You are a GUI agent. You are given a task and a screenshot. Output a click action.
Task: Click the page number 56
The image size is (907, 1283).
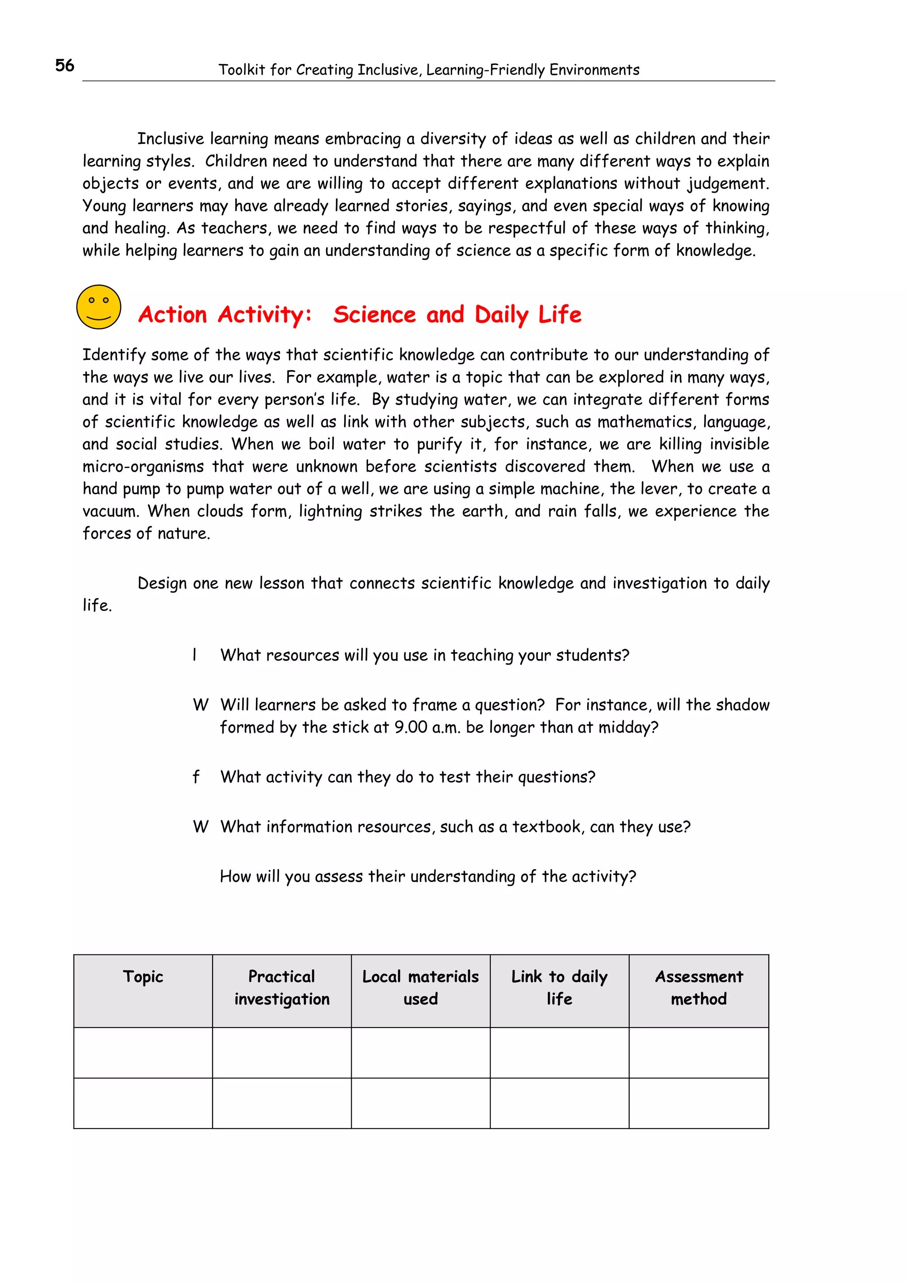64,66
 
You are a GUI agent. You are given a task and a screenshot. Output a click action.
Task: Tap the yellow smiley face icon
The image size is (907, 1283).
99,307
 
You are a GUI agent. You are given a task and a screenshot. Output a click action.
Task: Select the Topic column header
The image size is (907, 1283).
143,976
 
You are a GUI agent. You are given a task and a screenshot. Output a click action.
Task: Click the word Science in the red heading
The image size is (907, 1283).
374,315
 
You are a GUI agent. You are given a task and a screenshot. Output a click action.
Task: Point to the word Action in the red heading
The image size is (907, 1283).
173,315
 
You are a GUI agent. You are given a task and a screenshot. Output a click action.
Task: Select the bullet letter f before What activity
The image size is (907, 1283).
196,777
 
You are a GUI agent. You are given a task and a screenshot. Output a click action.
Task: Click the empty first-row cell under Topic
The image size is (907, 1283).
143,1053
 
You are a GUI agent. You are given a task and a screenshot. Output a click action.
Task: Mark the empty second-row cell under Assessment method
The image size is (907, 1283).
698,1103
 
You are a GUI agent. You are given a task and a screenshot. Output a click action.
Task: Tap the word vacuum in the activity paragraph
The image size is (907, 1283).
109,511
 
